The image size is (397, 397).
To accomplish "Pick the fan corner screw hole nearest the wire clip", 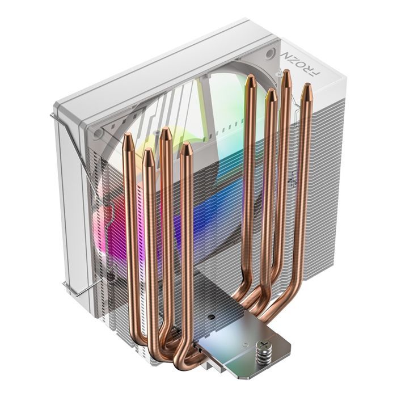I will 99,134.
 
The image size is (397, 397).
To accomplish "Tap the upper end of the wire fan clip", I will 53,116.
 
